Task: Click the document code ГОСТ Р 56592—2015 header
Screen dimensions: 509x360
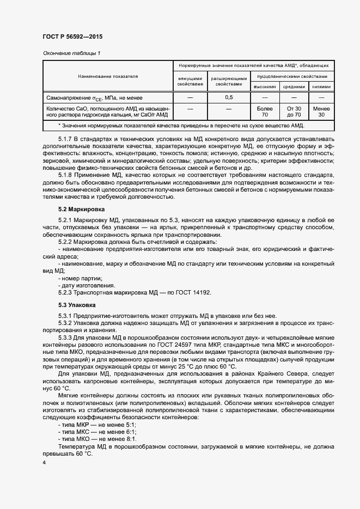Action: (72, 37)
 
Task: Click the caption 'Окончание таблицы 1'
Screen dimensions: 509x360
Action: (71, 53)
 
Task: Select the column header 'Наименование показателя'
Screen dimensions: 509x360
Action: (108, 76)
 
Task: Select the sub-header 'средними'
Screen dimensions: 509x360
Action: (294, 87)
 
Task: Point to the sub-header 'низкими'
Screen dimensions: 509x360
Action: (321, 87)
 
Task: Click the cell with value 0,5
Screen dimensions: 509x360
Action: (229, 97)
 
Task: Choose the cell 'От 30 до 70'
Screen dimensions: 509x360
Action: (294, 112)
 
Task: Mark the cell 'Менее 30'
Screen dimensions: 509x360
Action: (321, 112)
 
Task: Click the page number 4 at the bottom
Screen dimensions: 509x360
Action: (44, 462)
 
